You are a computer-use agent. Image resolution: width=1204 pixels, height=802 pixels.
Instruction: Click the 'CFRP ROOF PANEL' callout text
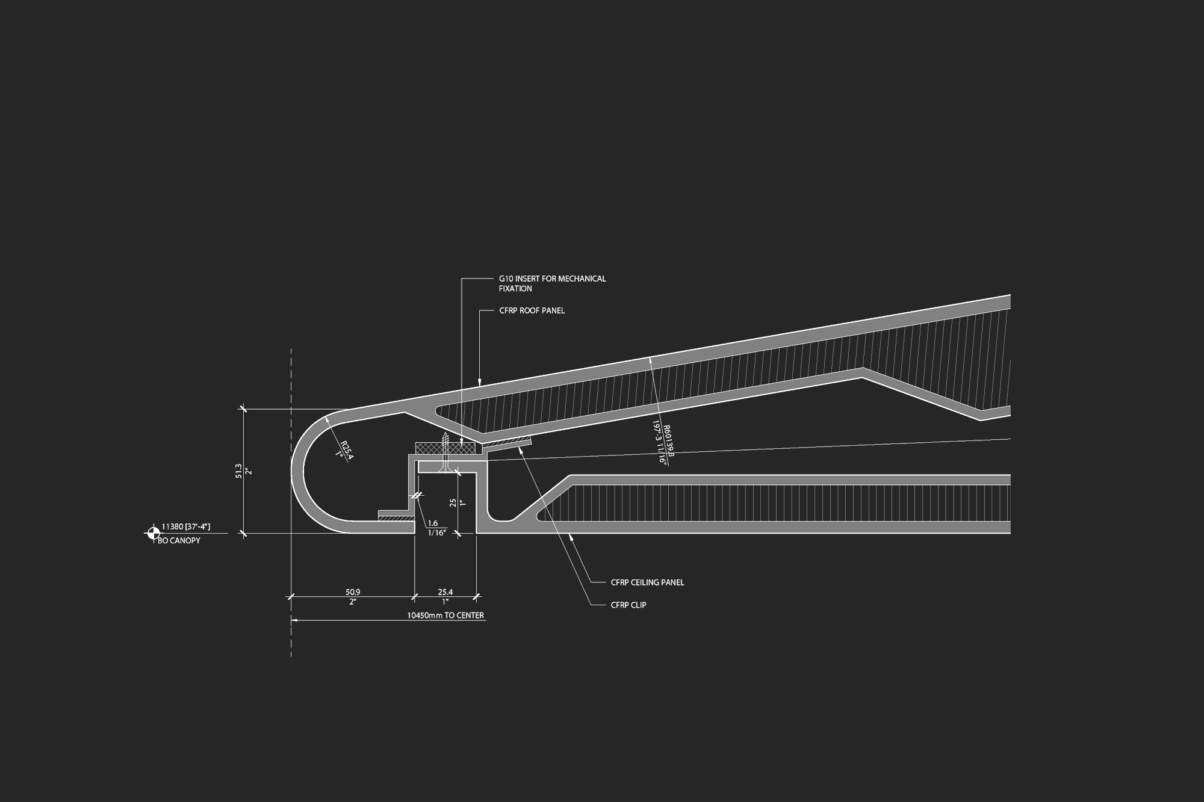point(532,311)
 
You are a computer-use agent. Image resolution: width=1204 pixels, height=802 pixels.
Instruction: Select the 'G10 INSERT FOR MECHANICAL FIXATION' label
point(552,283)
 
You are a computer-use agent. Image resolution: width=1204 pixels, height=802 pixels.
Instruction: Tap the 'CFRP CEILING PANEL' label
point(647,582)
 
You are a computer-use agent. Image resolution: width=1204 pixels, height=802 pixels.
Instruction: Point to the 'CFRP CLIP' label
point(628,605)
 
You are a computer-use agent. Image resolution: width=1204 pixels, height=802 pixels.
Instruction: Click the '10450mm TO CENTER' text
point(445,615)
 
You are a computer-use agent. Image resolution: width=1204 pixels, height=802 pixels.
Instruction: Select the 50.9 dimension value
point(353,593)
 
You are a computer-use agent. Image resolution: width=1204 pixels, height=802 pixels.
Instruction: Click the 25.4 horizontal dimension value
point(445,593)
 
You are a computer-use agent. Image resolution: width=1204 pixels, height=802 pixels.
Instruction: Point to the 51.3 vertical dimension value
point(238,470)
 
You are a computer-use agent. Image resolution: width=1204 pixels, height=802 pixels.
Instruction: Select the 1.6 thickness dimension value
point(433,523)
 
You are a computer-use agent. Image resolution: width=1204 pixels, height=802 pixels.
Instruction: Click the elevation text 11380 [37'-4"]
point(186,527)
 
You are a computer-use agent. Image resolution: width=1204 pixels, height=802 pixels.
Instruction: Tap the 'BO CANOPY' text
point(179,541)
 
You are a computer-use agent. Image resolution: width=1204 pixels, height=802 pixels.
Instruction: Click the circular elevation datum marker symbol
point(153,532)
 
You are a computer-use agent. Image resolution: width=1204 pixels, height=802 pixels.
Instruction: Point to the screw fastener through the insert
point(445,451)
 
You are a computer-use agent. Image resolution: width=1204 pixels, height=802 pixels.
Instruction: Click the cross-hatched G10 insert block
point(446,448)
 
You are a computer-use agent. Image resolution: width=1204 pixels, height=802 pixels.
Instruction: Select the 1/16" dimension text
point(437,533)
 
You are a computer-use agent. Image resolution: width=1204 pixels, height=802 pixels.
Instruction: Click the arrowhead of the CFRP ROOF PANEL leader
point(479,381)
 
